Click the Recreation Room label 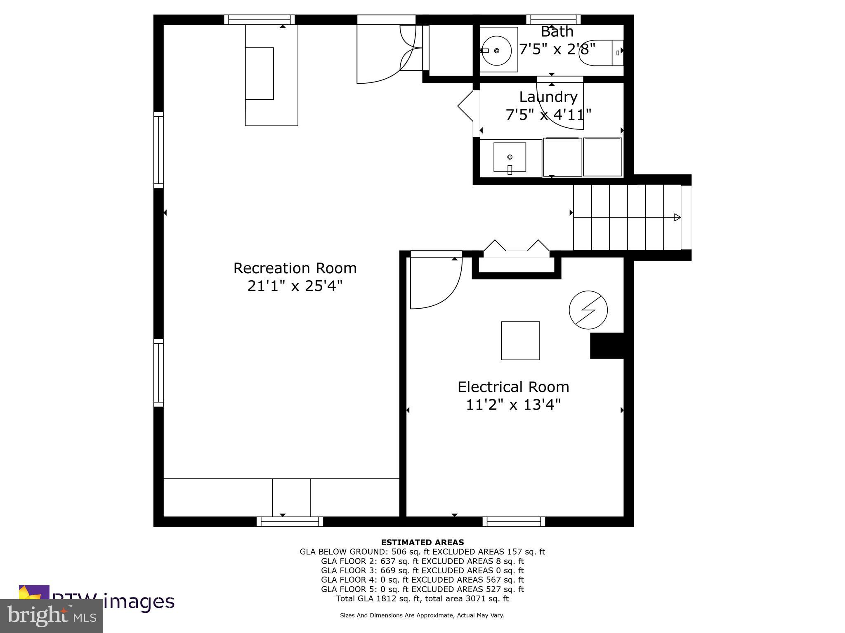[295, 268]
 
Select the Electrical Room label [513, 387]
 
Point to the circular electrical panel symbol [588, 310]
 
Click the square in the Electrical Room [520, 340]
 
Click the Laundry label [548, 97]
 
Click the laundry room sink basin [510, 157]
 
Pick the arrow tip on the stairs [677, 217]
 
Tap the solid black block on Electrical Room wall [606, 345]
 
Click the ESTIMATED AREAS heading [422, 542]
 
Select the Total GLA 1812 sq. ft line [422, 598]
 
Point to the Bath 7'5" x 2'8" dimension [557, 49]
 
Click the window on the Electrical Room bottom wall [514, 522]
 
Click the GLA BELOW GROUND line [422, 552]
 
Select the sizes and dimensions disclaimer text [422, 615]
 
